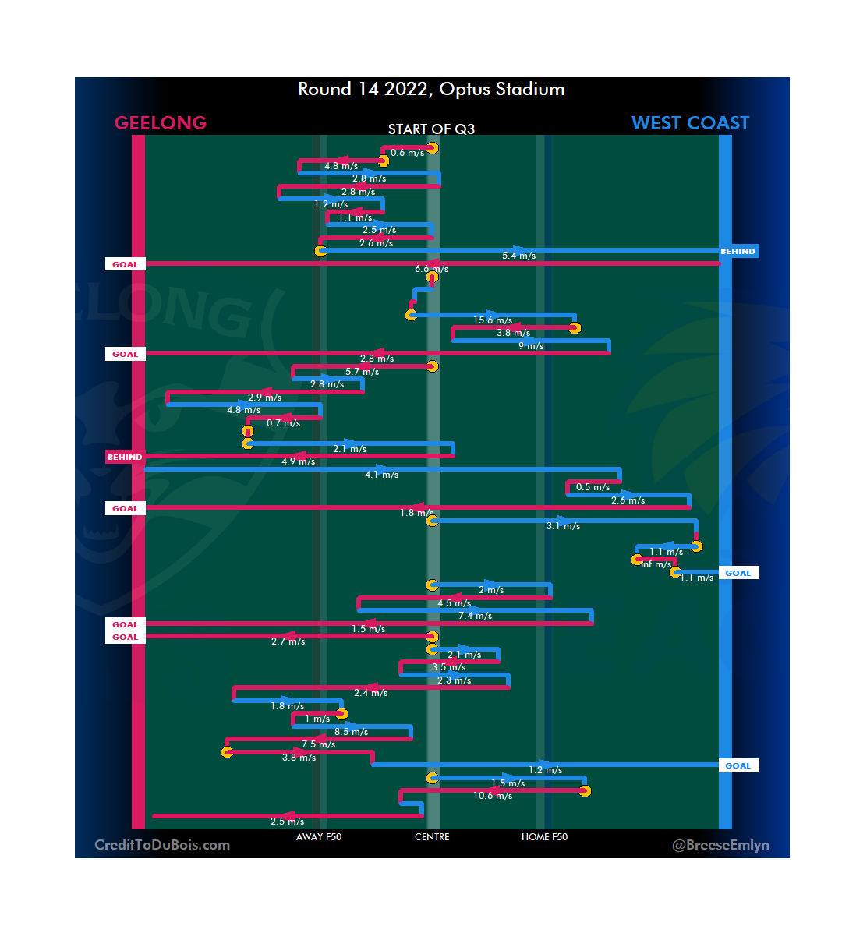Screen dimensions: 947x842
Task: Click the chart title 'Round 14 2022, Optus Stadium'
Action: click(431, 89)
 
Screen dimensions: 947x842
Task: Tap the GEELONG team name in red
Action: click(161, 123)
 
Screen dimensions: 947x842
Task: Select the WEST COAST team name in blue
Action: click(690, 123)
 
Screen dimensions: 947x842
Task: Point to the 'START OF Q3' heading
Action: click(431, 129)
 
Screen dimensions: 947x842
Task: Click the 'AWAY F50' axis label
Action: click(319, 837)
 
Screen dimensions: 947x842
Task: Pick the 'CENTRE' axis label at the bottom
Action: click(432, 837)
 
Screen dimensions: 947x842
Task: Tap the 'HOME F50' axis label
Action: click(544, 837)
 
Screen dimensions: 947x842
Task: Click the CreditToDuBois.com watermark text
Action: click(162, 845)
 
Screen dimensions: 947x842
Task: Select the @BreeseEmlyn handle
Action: click(720, 845)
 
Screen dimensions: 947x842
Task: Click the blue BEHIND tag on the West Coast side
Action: click(738, 252)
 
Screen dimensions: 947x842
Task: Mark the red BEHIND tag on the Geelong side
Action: click(125, 458)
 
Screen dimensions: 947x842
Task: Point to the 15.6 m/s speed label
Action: click(493, 320)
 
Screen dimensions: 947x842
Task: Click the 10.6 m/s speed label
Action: click(493, 796)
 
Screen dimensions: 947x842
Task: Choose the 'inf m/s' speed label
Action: click(656, 564)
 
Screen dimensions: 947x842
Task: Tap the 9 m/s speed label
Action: click(531, 346)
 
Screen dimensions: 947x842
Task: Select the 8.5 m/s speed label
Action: click(351, 732)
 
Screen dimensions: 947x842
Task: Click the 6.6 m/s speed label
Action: click(431, 269)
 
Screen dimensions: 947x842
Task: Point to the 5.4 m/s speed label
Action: click(518, 256)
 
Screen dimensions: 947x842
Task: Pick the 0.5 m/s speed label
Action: click(593, 487)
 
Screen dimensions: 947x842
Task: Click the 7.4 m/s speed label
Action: click(475, 616)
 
